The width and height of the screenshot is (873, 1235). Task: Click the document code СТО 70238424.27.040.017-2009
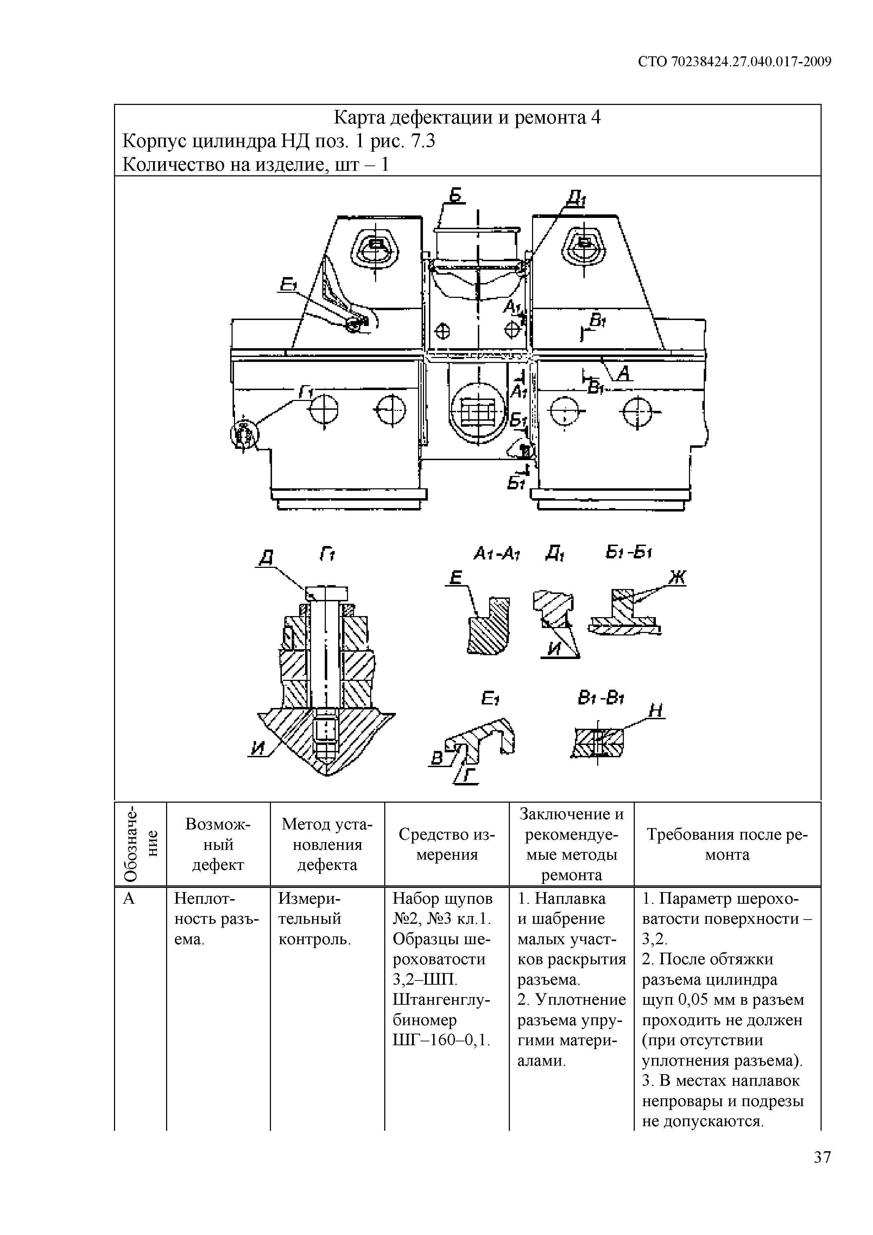pyautogui.click(x=735, y=62)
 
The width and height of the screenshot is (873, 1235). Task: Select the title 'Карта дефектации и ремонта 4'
pyautogui.click(x=467, y=117)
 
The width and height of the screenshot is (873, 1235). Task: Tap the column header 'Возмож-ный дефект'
pyautogui.click(x=218, y=844)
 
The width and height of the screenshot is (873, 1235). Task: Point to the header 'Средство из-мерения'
pyautogui.click(x=447, y=844)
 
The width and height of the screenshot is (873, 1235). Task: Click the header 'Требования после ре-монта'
pyautogui.click(x=727, y=844)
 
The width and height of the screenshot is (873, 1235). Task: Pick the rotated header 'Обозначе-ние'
pyautogui.click(x=141, y=844)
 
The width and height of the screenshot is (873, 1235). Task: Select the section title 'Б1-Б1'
pyautogui.click(x=628, y=552)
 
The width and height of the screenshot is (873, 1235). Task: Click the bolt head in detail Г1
pyautogui.click(x=326, y=593)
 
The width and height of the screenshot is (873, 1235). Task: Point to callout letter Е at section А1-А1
pyautogui.click(x=456, y=578)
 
